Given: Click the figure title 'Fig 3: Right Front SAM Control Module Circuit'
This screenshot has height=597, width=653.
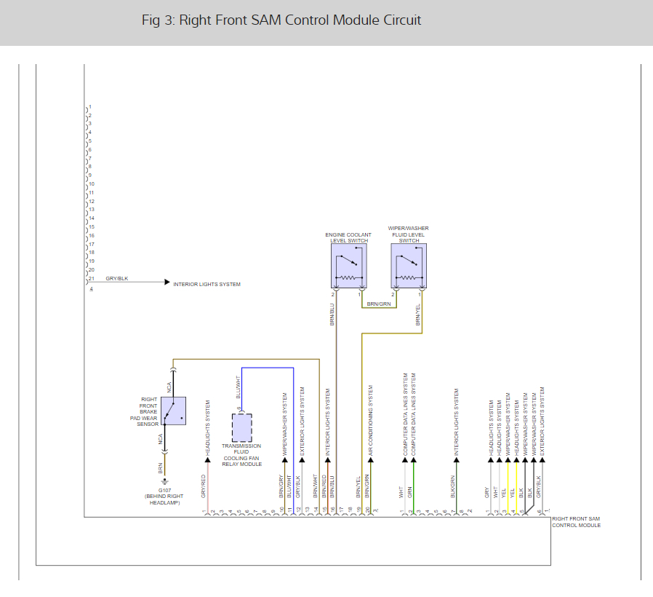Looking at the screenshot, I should coord(281,20).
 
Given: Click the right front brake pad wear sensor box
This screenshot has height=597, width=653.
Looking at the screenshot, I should coord(173,411).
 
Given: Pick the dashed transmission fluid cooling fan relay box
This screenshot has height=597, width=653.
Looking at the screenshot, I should coord(242,428).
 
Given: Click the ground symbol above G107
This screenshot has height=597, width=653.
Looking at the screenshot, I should coord(164,481).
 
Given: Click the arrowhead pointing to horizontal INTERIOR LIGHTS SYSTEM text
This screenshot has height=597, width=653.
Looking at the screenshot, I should coord(167,282).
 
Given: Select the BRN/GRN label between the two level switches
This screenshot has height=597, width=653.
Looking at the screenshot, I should coord(378,304).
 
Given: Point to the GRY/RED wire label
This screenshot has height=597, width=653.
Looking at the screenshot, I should coord(204,486).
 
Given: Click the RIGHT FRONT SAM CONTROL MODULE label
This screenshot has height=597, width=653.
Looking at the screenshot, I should coord(576,521).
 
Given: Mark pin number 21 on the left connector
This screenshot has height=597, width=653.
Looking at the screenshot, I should coord(92,279).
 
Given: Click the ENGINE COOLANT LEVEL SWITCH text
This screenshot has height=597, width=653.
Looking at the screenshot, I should coord(348,237).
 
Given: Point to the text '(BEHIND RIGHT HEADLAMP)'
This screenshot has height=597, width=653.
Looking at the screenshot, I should coord(164,499).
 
